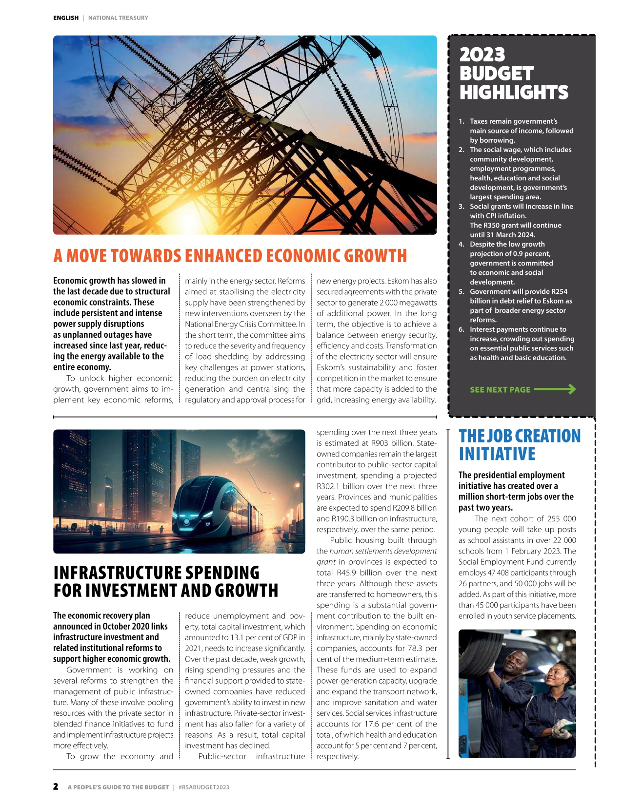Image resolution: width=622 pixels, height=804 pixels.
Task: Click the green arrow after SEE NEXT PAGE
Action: pos(555,389)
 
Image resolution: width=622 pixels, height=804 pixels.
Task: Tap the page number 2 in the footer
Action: pos(56,786)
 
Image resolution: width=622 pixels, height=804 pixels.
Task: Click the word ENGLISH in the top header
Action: pos(66,18)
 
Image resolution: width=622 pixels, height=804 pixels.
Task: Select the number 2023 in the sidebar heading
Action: pos(482,55)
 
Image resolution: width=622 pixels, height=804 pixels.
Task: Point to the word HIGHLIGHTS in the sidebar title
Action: pos(514,93)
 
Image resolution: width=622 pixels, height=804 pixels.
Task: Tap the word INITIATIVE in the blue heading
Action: pos(497,454)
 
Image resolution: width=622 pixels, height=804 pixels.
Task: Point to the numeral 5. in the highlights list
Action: pos(461,291)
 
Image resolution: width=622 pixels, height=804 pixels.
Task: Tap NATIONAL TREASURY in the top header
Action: pos(118,18)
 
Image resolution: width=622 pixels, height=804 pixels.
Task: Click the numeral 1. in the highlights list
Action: pos(461,121)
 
